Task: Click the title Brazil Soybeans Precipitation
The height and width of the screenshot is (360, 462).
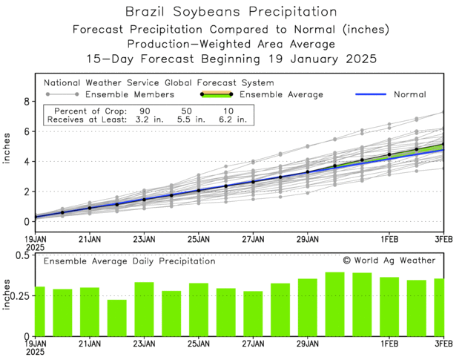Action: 231,13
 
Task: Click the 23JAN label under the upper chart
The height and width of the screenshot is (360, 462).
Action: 144,239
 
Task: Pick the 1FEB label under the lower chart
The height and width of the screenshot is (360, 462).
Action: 390,344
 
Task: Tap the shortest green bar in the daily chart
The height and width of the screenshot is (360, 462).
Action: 116,318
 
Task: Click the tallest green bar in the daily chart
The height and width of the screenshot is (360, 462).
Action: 334,304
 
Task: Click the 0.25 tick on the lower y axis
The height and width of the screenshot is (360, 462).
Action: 20,296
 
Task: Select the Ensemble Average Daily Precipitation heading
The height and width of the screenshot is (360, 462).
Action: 130,261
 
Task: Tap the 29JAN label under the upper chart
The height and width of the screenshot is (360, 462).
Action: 308,239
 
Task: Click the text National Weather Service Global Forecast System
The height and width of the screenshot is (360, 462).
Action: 159,83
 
